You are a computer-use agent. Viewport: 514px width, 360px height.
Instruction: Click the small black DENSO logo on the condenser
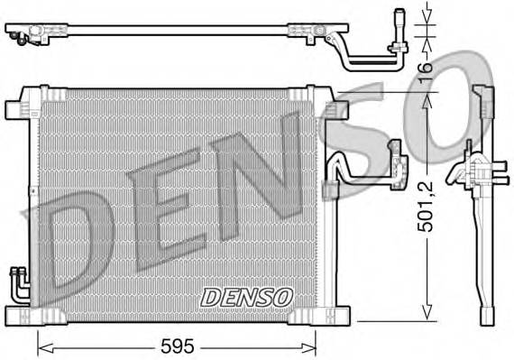pos(246,295)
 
